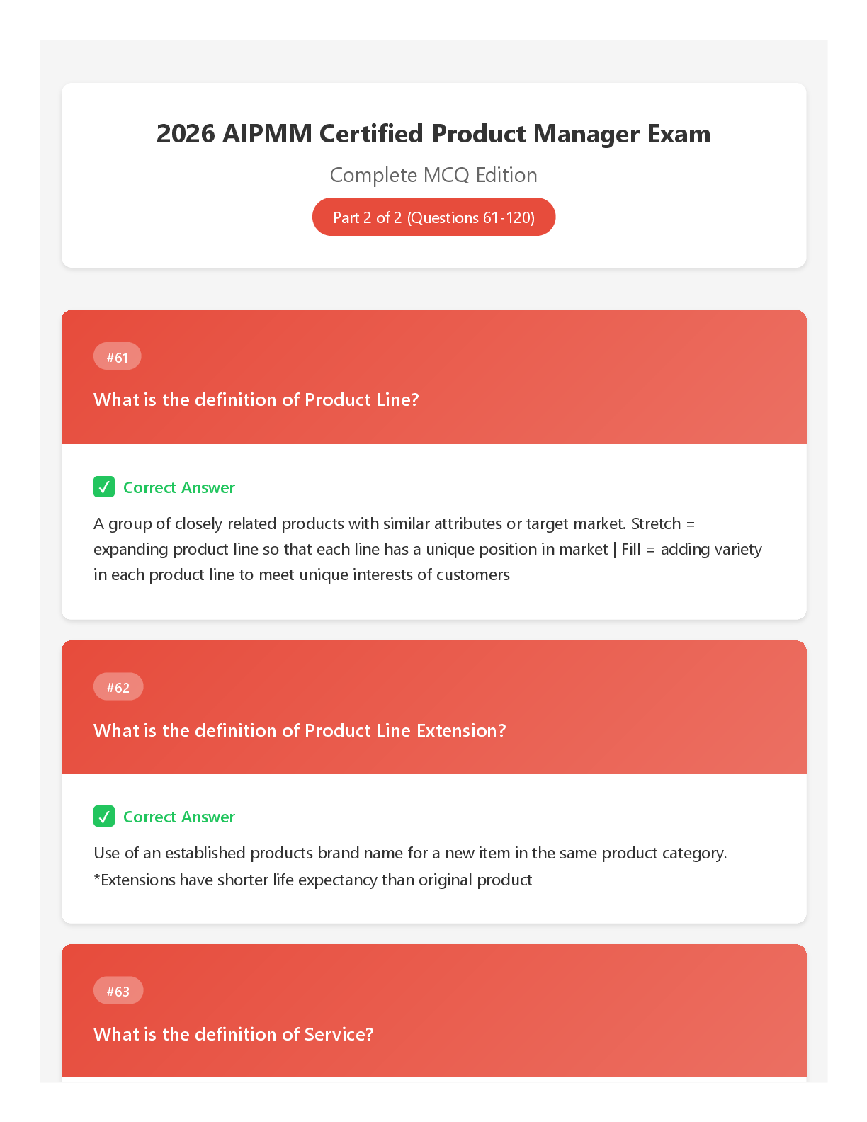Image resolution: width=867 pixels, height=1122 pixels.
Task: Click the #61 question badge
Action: [x=117, y=356]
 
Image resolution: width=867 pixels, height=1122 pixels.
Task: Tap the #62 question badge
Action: [x=118, y=686]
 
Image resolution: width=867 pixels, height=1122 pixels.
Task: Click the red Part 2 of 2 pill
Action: [x=433, y=217]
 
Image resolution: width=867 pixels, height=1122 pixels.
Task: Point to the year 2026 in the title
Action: [x=186, y=134]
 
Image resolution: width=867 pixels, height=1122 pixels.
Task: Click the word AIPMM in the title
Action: [x=268, y=134]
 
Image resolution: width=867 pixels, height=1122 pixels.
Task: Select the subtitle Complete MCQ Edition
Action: [x=433, y=175]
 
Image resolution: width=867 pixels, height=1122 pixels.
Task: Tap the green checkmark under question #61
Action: [x=104, y=487]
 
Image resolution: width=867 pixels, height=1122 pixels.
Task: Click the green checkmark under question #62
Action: [x=104, y=816]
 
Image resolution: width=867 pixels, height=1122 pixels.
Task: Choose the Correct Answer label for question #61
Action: [x=179, y=487]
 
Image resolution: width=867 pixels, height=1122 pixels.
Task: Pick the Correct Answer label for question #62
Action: [x=179, y=816]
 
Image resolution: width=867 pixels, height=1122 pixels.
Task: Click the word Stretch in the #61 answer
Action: [x=656, y=523]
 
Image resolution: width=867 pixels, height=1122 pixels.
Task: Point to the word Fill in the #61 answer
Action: [x=630, y=549]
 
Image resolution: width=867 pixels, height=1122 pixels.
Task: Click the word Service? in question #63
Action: [x=339, y=1033]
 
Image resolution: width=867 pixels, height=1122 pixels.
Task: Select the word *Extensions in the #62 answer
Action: [x=135, y=879]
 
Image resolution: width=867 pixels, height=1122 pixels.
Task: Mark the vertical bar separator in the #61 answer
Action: [x=615, y=550]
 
